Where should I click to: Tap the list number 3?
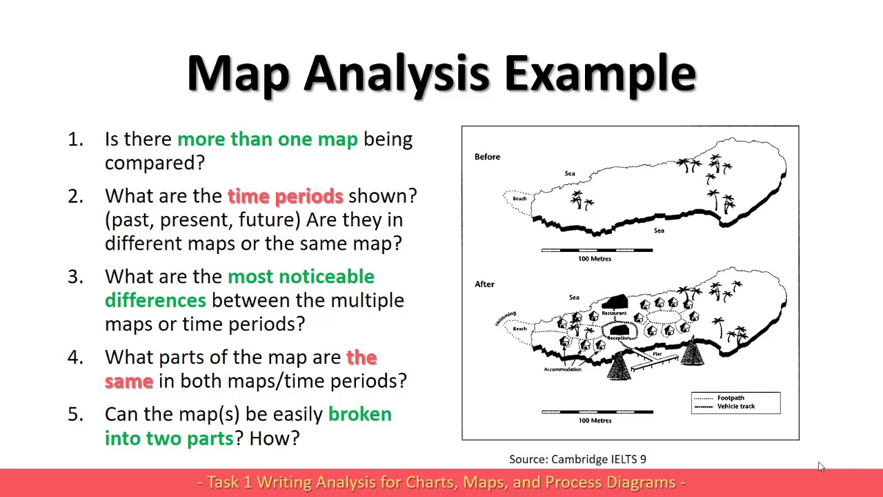75,277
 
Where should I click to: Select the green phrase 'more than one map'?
267,139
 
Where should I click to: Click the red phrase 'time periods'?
285,196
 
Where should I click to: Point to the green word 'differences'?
155,300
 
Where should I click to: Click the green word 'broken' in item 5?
359,414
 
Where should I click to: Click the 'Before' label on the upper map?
487,157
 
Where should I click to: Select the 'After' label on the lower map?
484,284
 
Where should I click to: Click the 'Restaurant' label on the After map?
613,313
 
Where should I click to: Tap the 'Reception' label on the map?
619,338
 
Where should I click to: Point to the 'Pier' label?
657,354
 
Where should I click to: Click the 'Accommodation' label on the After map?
562,369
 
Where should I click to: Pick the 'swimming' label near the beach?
505,318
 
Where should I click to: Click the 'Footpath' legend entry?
730,398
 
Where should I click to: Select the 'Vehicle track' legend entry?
735,407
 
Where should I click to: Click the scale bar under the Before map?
597,251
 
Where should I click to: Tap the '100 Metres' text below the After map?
595,420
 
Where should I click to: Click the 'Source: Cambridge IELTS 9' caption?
577,459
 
